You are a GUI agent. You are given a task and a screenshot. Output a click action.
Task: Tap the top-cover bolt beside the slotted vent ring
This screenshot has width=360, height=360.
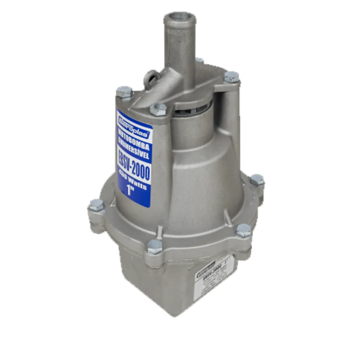point(158,108)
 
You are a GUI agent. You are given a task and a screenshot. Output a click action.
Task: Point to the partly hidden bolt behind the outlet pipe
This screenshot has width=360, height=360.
point(199,61)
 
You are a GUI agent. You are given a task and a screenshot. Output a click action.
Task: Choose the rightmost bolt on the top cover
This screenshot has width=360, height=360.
point(231,77)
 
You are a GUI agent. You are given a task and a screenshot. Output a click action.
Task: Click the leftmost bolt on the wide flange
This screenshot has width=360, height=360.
point(96,205)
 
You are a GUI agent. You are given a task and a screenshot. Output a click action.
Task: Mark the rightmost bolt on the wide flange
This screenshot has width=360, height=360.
point(257,179)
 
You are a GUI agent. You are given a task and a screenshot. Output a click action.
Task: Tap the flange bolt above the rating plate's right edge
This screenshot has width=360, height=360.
point(244,230)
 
